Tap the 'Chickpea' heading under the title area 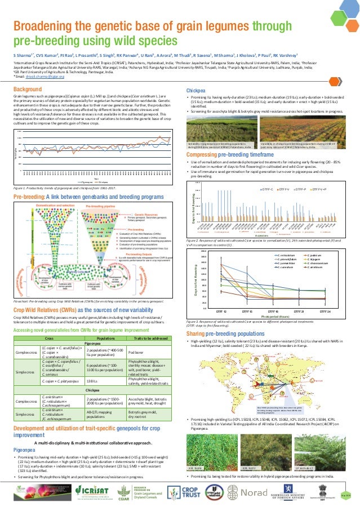pos(195,90)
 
